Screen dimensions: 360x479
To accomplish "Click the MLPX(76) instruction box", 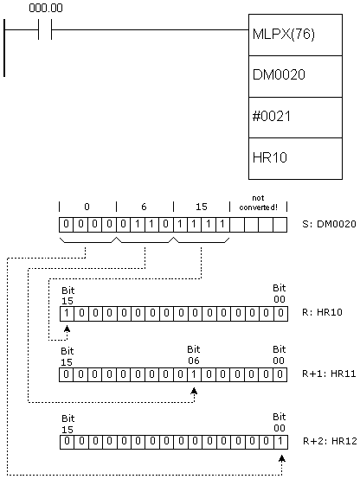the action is pos(295,35).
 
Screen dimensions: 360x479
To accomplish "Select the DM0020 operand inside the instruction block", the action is pos(295,76).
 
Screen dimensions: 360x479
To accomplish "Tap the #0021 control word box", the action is pos(295,118).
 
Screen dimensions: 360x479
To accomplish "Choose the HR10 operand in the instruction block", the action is pos(295,158).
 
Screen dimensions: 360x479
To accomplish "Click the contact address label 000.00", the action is pos(46,8).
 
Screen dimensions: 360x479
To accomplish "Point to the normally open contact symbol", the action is pos(45,29).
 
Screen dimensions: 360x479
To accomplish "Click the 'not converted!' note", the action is pos(259,203).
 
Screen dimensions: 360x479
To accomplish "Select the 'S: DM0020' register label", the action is pos(329,224).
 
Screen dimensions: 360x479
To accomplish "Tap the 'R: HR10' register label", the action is pos(322,312).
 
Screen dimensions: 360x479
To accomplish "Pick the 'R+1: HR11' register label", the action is pos(329,374).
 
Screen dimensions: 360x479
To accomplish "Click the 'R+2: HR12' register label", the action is pos(330,441).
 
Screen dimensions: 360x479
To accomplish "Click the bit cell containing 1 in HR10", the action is pos(67,314).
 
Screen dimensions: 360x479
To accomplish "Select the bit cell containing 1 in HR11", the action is pos(194,374).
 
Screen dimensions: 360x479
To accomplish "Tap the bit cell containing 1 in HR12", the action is pos(280,442).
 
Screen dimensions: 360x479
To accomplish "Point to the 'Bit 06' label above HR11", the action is pos(194,355).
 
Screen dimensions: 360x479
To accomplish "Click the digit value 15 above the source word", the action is pos(202,207).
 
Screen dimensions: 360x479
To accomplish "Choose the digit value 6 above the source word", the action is pos(144,207).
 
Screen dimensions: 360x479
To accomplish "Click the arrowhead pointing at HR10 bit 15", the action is pos(67,329).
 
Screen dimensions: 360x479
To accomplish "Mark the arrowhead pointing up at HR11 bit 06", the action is pos(194,391).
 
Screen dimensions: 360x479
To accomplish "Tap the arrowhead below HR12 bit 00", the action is pos(282,458).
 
